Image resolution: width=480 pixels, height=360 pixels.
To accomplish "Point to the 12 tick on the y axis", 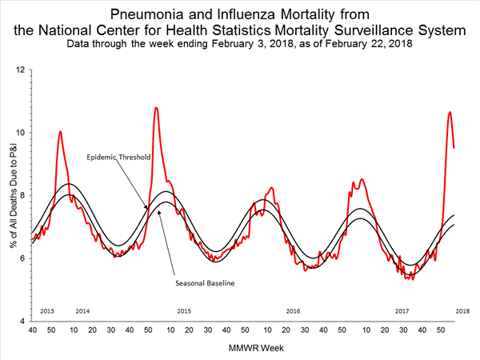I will click(x=20, y=70).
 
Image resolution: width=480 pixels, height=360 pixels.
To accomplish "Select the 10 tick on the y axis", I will click(x=20, y=133).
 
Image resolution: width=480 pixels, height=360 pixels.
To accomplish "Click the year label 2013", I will click(x=46, y=310).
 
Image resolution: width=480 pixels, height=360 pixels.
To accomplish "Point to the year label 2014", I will click(x=82, y=310).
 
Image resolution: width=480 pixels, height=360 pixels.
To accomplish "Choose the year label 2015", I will click(x=184, y=310).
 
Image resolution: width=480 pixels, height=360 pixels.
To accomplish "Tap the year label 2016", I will click(x=293, y=310).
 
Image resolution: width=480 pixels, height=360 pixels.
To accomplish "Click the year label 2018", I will click(x=462, y=310).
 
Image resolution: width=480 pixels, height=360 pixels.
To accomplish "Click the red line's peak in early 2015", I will click(x=156, y=107).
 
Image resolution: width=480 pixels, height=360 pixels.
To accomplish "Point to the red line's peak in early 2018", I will click(x=450, y=112).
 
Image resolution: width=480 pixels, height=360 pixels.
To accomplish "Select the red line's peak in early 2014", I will click(x=61, y=131).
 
